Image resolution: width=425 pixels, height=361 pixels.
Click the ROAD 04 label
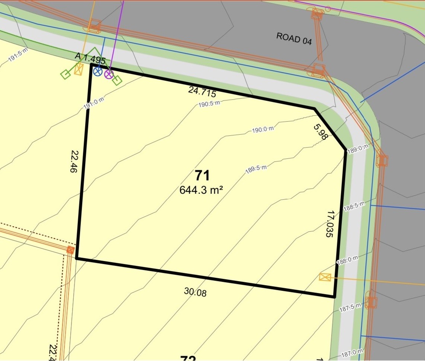294,38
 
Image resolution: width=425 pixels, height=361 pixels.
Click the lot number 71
202,175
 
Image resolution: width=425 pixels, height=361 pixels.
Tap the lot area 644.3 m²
201,190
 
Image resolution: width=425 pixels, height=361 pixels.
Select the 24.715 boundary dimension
202,91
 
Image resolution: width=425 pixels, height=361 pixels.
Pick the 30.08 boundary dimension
195,292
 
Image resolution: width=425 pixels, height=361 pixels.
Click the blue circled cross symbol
98,72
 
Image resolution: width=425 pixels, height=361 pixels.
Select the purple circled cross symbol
109,74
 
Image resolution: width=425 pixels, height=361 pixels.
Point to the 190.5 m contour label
209,103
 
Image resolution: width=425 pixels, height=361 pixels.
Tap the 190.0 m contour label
263,130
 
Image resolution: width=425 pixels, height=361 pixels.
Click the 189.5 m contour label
256,170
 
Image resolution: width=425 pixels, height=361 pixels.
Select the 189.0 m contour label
358,149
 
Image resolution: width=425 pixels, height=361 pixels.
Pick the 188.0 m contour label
347,260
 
